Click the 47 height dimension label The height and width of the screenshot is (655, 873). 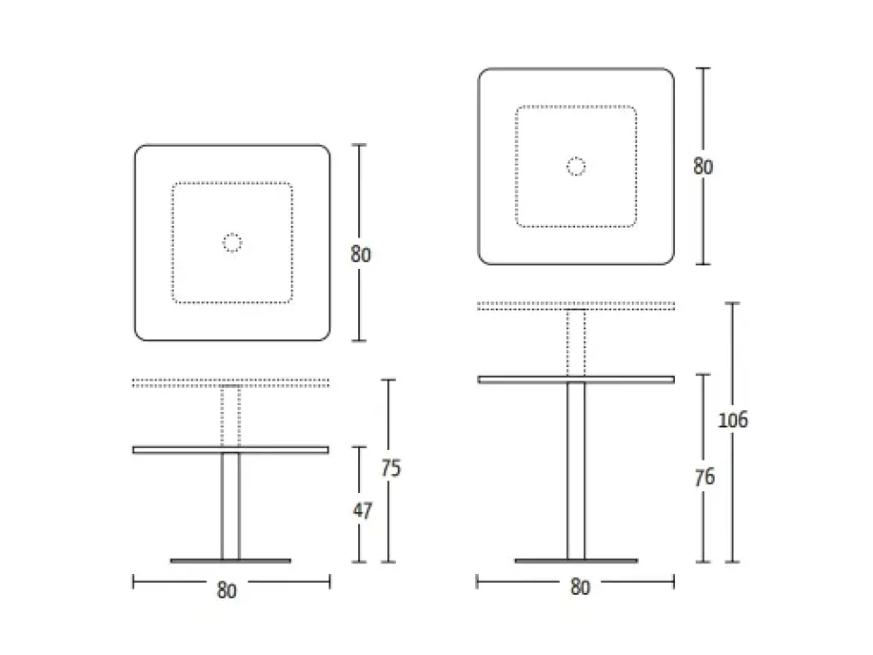(x=363, y=510)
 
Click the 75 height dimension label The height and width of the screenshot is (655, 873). (x=391, y=468)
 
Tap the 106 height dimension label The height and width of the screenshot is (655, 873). (x=733, y=419)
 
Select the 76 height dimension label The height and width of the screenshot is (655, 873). (x=705, y=477)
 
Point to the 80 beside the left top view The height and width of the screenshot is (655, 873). (x=361, y=255)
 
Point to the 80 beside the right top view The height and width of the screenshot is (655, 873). (x=703, y=166)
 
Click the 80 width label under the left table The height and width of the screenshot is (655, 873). (x=227, y=590)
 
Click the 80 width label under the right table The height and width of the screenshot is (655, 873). (x=580, y=588)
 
